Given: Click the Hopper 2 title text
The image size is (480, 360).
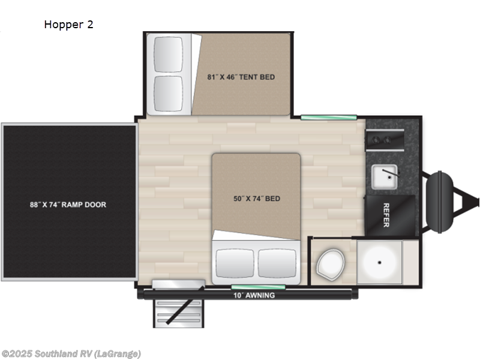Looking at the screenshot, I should tap(68, 25).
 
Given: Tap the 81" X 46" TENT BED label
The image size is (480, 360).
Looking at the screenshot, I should tap(241, 77).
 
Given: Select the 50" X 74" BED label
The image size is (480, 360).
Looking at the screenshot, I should tap(257, 199).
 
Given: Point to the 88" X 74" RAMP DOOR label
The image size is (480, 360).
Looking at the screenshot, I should tap(68, 205).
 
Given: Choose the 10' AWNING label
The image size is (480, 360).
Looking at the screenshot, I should tap(254, 295).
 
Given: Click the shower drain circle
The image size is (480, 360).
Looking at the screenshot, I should tap(379, 262).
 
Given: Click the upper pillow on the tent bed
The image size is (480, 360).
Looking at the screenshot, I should tap(169, 55).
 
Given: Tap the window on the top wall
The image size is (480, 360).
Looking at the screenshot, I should tap(329, 117).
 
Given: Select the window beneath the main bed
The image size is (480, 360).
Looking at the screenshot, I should tap(250, 287).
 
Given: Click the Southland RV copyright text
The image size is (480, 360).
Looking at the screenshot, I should tap(71, 353).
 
